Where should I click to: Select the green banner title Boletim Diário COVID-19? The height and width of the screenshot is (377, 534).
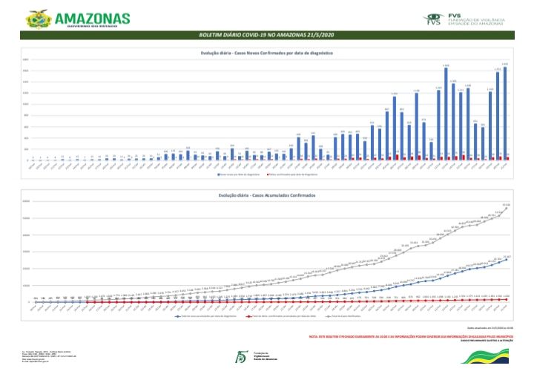click(x=266, y=35)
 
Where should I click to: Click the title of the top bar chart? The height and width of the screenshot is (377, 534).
click(x=266, y=53)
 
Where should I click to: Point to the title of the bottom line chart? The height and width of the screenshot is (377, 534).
click(x=266, y=194)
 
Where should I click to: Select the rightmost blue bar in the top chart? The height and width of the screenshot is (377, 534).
click(x=504, y=112)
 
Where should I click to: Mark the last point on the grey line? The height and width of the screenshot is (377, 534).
click(x=506, y=208)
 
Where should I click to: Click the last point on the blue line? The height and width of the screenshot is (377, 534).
click(x=506, y=259)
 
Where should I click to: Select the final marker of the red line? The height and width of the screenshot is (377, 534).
click(x=506, y=299)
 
